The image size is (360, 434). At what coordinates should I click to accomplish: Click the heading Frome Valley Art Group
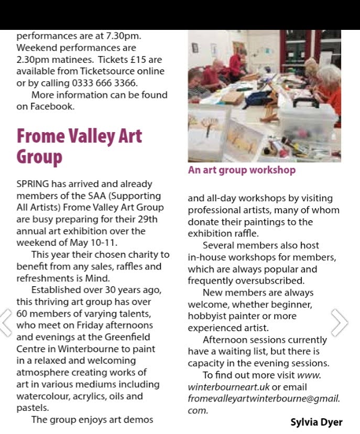pos(79,146)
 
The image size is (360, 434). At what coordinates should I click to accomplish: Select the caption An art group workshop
pos(242,170)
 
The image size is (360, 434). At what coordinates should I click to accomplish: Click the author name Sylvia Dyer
pos(317,422)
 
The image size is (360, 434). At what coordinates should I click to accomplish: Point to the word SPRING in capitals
pos(32,184)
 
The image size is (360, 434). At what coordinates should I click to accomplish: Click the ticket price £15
pos(144,60)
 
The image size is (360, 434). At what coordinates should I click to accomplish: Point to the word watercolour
pos(41,396)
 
